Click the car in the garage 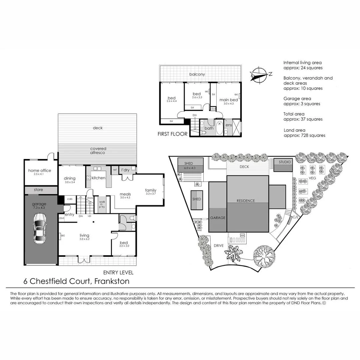click(x=40, y=229)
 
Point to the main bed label click(x=228, y=100)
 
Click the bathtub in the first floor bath click(x=219, y=128)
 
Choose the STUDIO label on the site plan click(x=284, y=162)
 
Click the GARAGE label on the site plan click(x=217, y=218)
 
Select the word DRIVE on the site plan click(x=219, y=246)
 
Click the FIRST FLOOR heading click(x=172, y=134)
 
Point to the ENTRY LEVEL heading click(x=118, y=272)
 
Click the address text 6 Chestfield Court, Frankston click(x=76, y=281)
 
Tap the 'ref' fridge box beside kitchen click(x=115, y=170)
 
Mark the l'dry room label click(x=125, y=170)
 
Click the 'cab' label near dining click(x=70, y=199)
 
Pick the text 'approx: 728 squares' click(x=304, y=135)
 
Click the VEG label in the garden click(x=312, y=178)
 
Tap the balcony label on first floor click(x=197, y=74)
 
